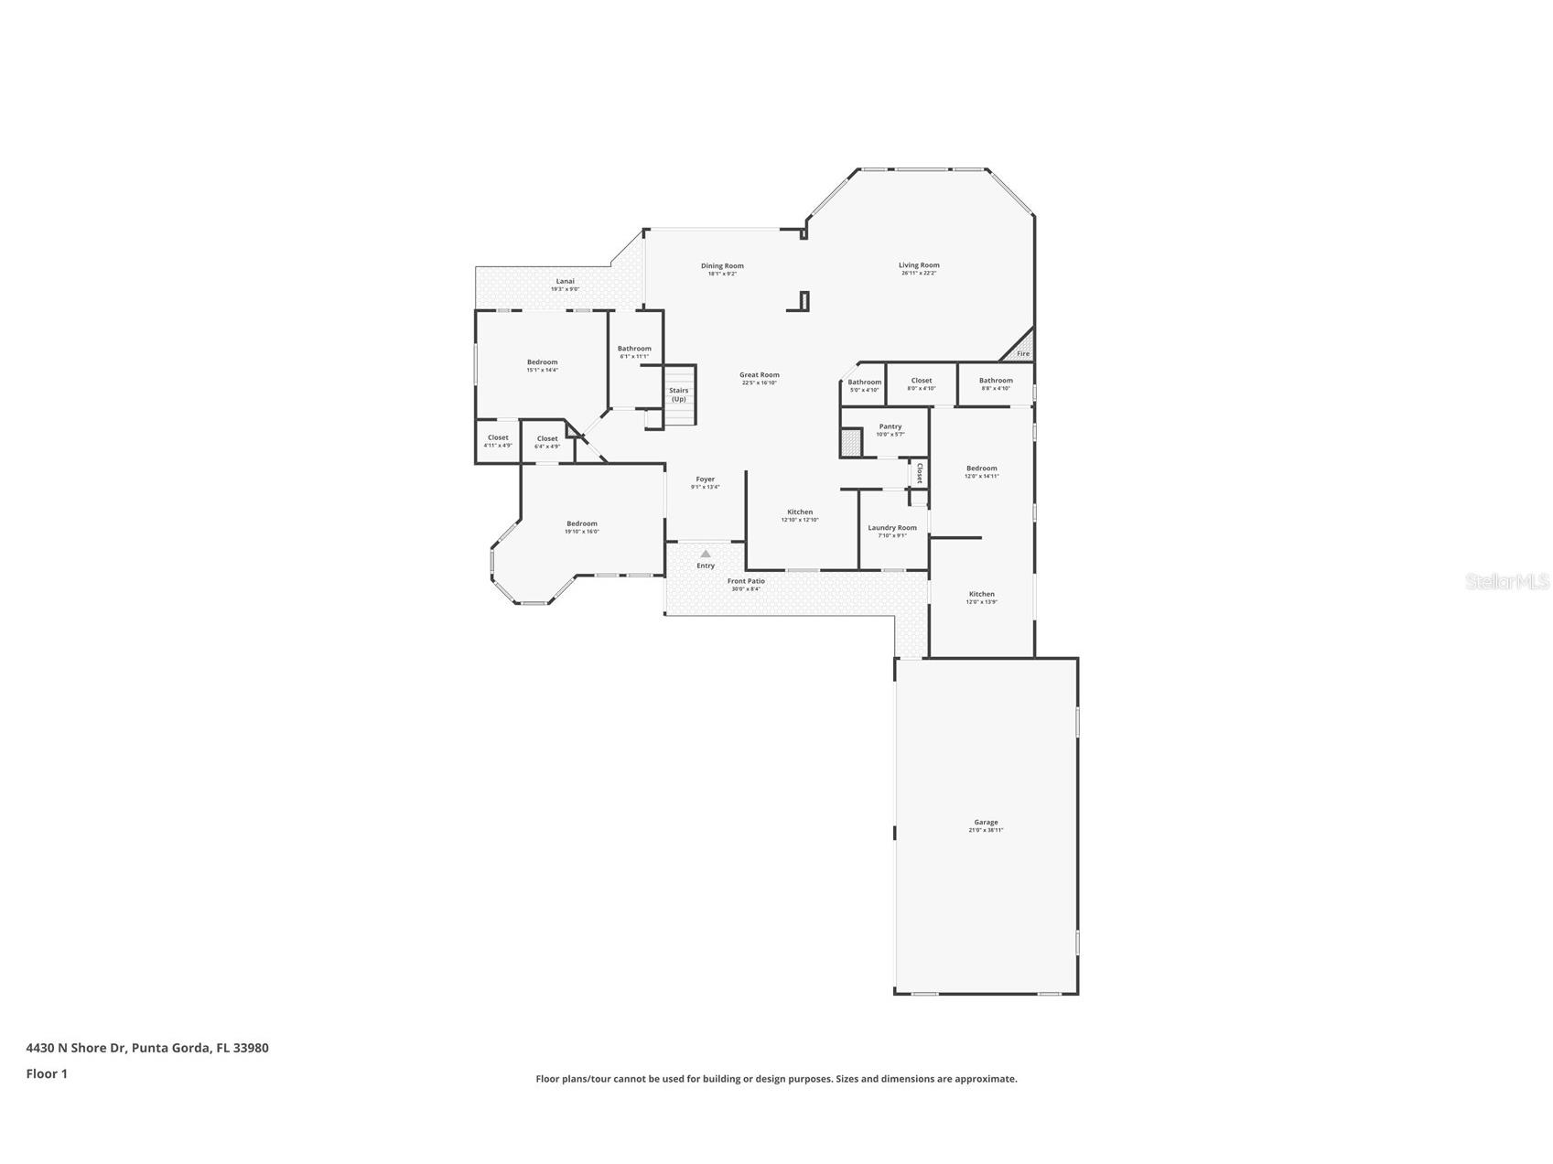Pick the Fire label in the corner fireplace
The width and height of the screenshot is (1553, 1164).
pyautogui.click(x=1022, y=353)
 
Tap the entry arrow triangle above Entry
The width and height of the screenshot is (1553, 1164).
pyautogui.click(x=705, y=554)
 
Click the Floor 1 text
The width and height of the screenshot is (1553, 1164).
pyautogui.click(x=47, y=1073)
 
